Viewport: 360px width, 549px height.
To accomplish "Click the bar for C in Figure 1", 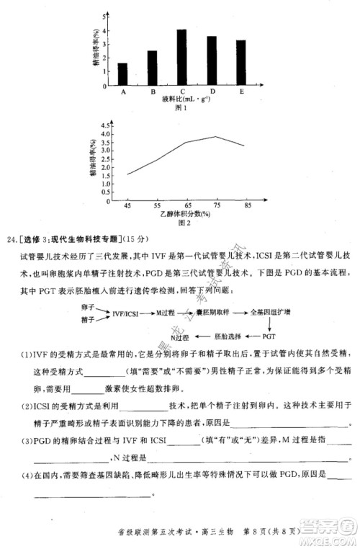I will [x=182, y=57].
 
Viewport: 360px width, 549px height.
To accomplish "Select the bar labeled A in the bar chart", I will [x=123, y=74].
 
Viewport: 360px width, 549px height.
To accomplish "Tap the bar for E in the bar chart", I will [x=240, y=63].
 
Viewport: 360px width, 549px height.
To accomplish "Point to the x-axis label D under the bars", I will [x=212, y=92].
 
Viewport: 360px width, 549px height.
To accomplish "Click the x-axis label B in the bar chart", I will [x=153, y=92].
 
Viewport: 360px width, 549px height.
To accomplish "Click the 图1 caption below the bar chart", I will [x=181, y=109].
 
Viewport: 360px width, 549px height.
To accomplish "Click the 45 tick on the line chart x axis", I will [x=128, y=206].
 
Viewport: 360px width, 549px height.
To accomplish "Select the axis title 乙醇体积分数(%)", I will [x=184, y=215].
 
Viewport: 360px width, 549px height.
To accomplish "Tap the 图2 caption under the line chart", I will [x=184, y=223].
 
